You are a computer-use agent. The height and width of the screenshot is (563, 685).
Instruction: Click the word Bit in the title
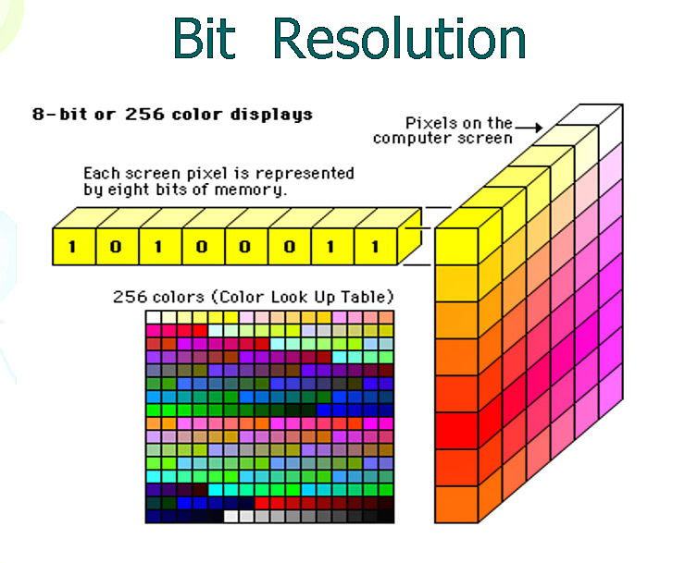coord(205,38)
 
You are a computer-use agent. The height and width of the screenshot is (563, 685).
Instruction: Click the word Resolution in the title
coord(399,38)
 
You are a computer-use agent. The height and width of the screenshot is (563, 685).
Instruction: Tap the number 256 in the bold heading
coord(144,115)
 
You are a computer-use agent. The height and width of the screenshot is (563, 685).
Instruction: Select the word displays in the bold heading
coord(271,115)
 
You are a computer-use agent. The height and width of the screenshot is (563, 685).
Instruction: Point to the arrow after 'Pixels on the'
coord(529,128)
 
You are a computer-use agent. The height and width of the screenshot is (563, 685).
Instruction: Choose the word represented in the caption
coord(305,174)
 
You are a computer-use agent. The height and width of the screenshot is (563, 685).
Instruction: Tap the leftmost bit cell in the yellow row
coord(74,247)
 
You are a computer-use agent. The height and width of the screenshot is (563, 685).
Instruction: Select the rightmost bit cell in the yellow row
coord(376,247)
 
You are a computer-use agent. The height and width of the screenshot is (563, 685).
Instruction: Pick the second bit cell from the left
coord(117,247)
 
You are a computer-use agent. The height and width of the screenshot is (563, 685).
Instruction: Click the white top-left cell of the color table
coord(154,317)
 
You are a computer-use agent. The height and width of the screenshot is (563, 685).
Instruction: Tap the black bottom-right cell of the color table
coord(386,516)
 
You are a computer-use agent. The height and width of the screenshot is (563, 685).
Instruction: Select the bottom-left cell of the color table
coord(154,516)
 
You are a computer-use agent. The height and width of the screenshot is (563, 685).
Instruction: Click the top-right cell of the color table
coord(386,317)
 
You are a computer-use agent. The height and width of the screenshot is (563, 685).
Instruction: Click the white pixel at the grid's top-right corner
coord(611,128)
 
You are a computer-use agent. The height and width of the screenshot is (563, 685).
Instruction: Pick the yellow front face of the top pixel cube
coord(456,247)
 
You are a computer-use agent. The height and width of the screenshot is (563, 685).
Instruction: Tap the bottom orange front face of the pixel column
coord(456,505)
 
